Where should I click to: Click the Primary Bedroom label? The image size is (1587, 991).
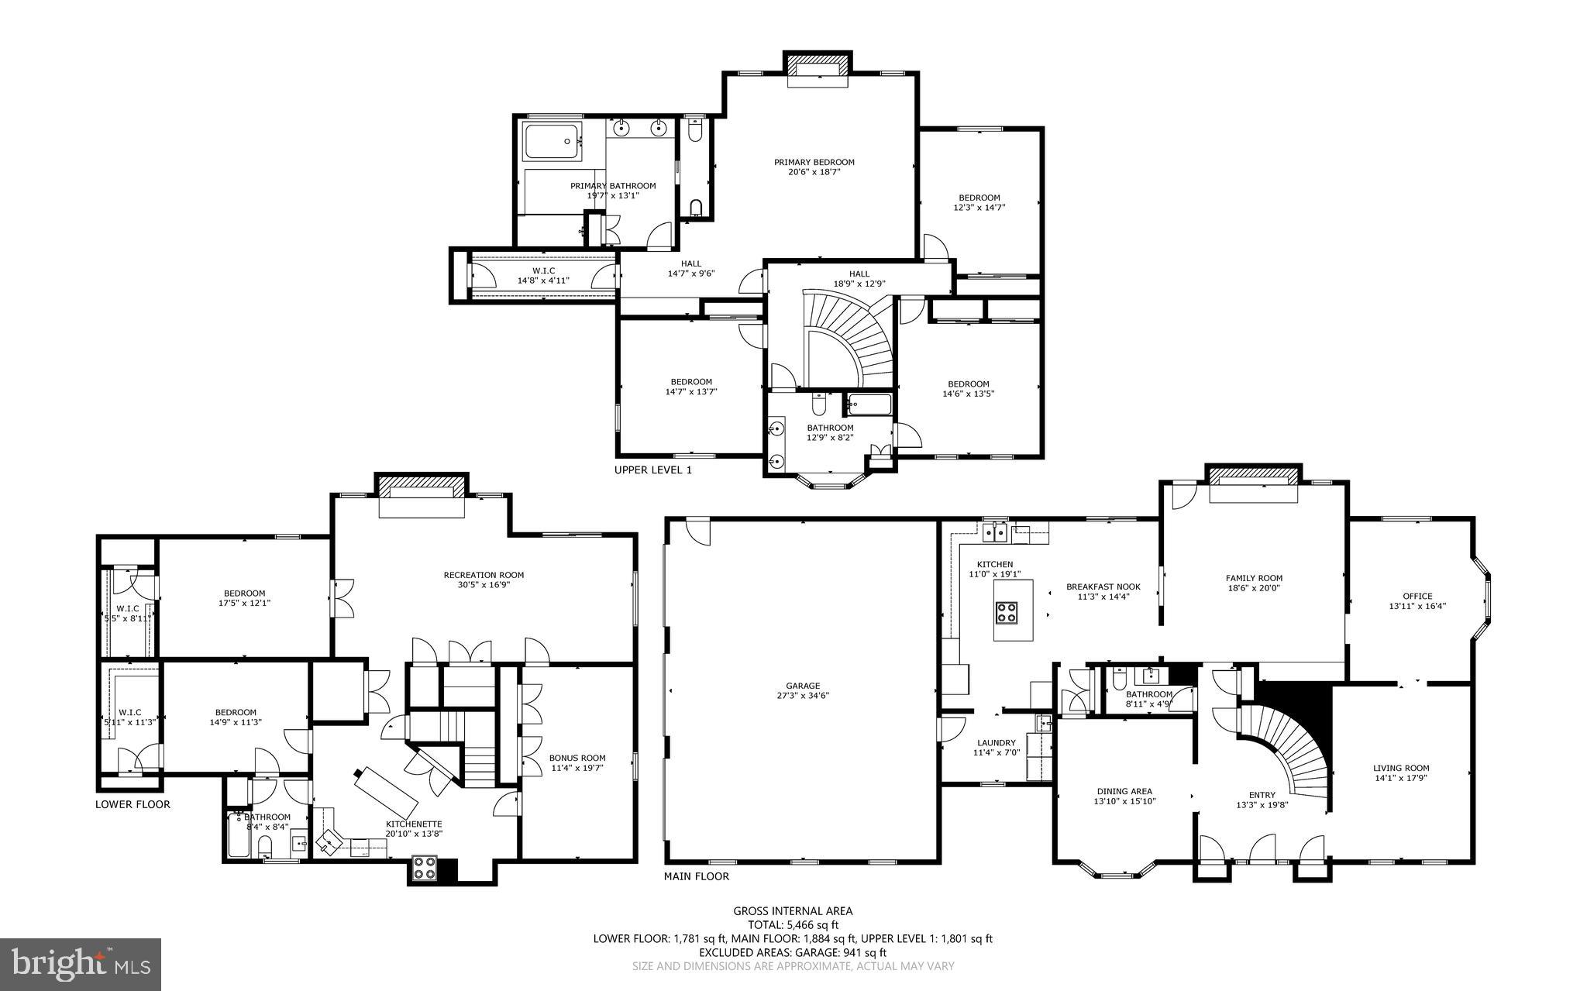(814, 162)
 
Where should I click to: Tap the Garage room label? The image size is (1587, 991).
(802, 686)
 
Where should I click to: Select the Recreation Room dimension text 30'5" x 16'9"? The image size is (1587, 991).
(484, 585)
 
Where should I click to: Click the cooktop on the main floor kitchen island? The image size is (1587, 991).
(1006, 613)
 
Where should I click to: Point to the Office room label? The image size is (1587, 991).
(1417, 596)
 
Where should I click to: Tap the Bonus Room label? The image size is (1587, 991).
(577, 758)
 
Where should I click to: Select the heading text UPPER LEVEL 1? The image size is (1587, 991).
(652, 470)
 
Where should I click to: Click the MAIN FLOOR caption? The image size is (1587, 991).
(696, 876)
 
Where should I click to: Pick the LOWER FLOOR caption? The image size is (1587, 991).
(133, 804)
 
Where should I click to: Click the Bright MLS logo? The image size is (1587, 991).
(81, 964)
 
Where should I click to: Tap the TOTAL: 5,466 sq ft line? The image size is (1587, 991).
(793, 924)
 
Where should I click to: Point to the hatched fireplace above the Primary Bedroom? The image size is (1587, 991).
(818, 63)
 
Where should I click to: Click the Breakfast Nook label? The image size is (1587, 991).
(1103, 587)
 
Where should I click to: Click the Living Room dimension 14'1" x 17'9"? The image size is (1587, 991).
(1401, 779)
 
